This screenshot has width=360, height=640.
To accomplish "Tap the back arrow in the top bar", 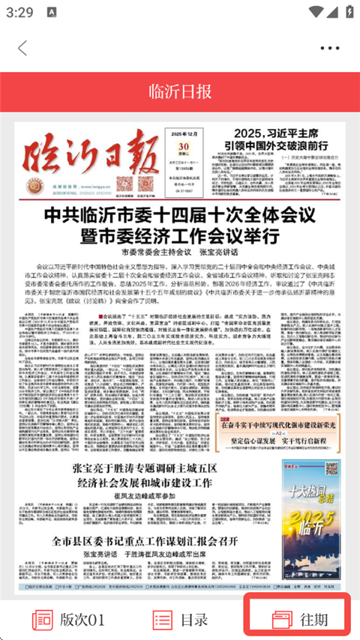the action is coord(22,48).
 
